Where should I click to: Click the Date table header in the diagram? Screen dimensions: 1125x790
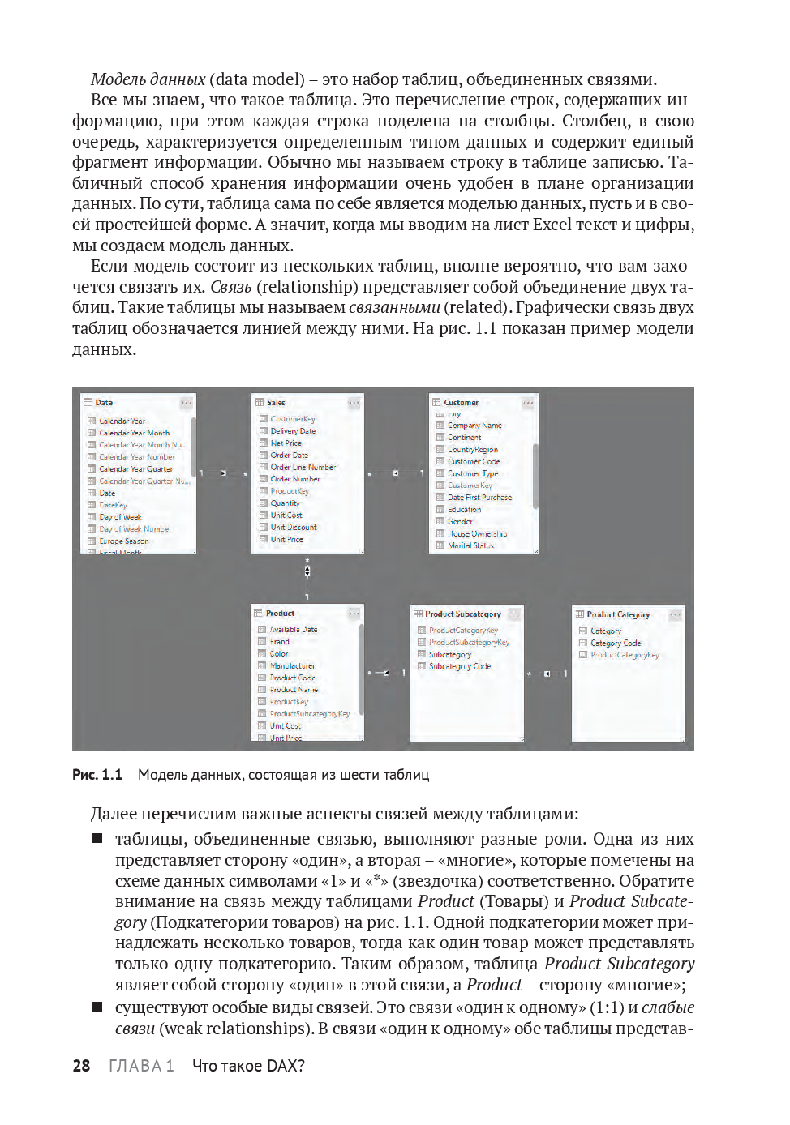tap(104, 403)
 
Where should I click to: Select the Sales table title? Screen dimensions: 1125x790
tap(276, 403)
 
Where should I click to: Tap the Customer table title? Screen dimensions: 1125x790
tap(461, 403)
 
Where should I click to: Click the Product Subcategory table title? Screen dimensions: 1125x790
tap(463, 614)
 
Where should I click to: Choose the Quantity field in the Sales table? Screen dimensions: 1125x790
tap(285, 503)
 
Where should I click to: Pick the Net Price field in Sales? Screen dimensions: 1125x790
tap(286, 443)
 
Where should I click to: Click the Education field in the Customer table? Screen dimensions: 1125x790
tap(464, 510)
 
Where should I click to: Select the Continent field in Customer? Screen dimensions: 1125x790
tap(464, 438)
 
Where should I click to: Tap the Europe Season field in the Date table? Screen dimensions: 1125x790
tap(123, 541)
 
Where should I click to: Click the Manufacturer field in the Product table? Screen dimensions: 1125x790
tap(292, 666)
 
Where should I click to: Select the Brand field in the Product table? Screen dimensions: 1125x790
tap(279, 642)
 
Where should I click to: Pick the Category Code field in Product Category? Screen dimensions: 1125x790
tap(615, 644)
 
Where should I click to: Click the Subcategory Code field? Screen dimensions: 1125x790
tap(459, 667)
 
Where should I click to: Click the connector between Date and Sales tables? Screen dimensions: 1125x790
tap(223, 473)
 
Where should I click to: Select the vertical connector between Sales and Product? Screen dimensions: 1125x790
tap(307, 571)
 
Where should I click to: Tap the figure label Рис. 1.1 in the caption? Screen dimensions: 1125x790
tap(97, 775)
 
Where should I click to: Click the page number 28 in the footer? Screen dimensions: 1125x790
tap(81, 1066)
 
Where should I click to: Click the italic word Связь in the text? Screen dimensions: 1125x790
tap(230, 287)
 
